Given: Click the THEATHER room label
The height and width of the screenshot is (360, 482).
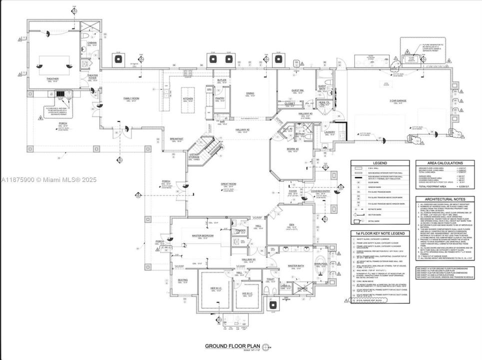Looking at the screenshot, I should pyautogui.click(x=52, y=78).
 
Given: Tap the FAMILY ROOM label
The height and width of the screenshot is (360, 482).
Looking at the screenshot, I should pyautogui.click(x=131, y=98).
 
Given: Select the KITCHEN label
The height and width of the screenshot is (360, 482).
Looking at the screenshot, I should pyautogui.click(x=188, y=98).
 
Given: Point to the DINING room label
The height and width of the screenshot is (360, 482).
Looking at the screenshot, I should pyautogui.click(x=250, y=93).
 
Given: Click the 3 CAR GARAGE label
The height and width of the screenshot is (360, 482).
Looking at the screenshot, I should pyautogui.click(x=398, y=101).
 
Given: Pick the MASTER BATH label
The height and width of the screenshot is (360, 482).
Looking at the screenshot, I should pyautogui.click(x=296, y=265).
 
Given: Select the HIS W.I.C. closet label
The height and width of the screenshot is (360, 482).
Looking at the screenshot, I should pyautogui.click(x=247, y=293).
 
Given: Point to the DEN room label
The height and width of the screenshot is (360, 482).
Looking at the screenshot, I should pyautogui.click(x=292, y=224).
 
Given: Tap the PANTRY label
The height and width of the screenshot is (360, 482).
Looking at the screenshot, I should pyautogui.click(x=220, y=98).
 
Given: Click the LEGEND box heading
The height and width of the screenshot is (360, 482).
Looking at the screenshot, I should pyautogui.click(x=380, y=163).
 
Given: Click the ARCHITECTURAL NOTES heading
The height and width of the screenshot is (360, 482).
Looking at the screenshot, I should pyautogui.click(x=446, y=198).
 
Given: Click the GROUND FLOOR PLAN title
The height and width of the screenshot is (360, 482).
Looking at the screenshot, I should pyautogui.click(x=233, y=346).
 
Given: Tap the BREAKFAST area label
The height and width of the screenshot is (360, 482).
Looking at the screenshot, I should pyautogui.click(x=177, y=138).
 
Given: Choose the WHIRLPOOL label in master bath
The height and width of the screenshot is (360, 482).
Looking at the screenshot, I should pyautogui.click(x=320, y=263).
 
